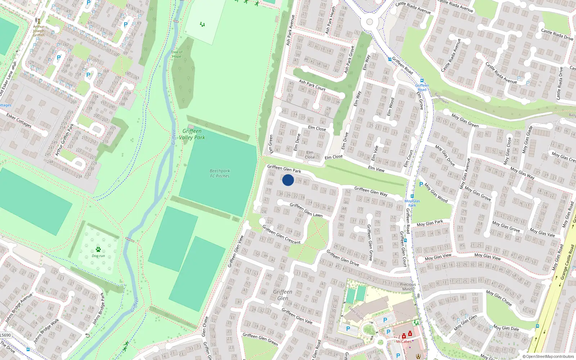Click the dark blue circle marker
[x=288, y=180]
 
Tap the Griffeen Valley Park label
[x=192, y=134]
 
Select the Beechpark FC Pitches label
[x=220, y=174]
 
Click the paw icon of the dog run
[x=98, y=249]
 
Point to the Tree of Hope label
[x=176, y=54]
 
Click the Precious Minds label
[x=408, y=287]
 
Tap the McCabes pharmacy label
[x=404, y=342]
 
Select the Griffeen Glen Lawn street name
[x=306, y=210]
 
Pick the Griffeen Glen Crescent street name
[x=281, y=234]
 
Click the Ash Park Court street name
[x=312, y=85]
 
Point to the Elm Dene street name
[x=297, y=143]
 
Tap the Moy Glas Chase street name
[x=499, y=298]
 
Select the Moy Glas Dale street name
[x=506, y=328]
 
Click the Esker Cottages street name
[x=19, y=120]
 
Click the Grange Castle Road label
[x=567, y=262]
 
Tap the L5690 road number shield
[x=5, y=335]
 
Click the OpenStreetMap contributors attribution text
[x=548, y=357]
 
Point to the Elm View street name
[x=376, y=168]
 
